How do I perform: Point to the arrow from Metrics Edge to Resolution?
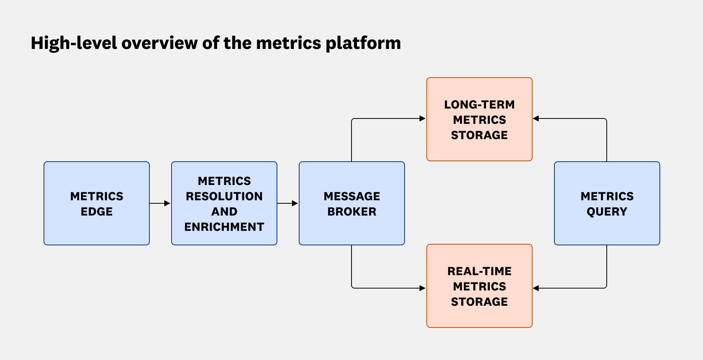click(160, 203)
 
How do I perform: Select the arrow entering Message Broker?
click(288, 203)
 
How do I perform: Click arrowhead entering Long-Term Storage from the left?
click(422, 118)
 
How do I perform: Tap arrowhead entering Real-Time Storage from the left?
click(422, 288)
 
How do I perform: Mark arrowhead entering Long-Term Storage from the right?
click(536, 118)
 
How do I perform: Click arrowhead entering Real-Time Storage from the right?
click(536, 288)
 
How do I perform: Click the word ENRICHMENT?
click(224, 227)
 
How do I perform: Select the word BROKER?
click(351, 212)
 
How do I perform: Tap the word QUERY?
click(607, 212)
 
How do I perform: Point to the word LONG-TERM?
click(479, 105)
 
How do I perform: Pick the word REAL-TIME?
click(479, 271)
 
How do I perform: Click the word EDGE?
click(96, 212)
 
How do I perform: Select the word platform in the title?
click(363, 44)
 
